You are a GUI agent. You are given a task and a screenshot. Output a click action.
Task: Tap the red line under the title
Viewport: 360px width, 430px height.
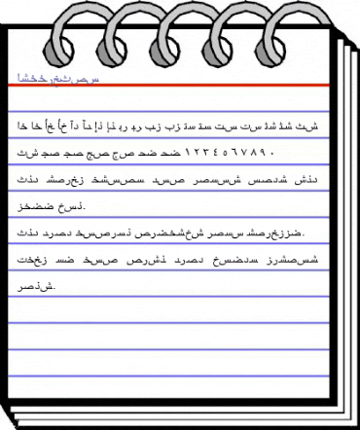point(175,88)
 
